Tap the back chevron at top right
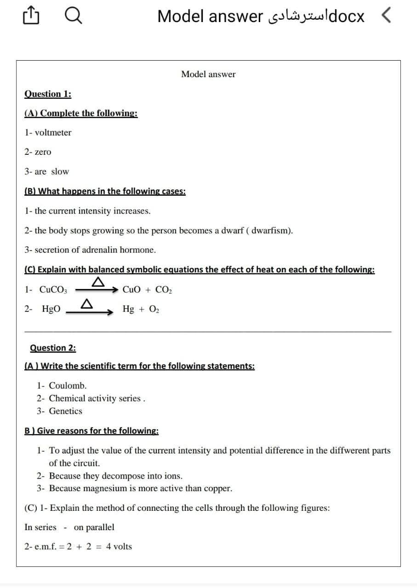387,17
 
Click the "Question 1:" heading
47,94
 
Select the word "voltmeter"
53,133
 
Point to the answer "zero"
43,152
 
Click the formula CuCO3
53,290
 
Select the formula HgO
51,310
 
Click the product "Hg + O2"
140,310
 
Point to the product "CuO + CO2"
148,290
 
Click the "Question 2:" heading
53,348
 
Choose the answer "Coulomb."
68,386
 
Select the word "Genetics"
65,411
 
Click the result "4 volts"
119,547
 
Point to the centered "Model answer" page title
208,74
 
